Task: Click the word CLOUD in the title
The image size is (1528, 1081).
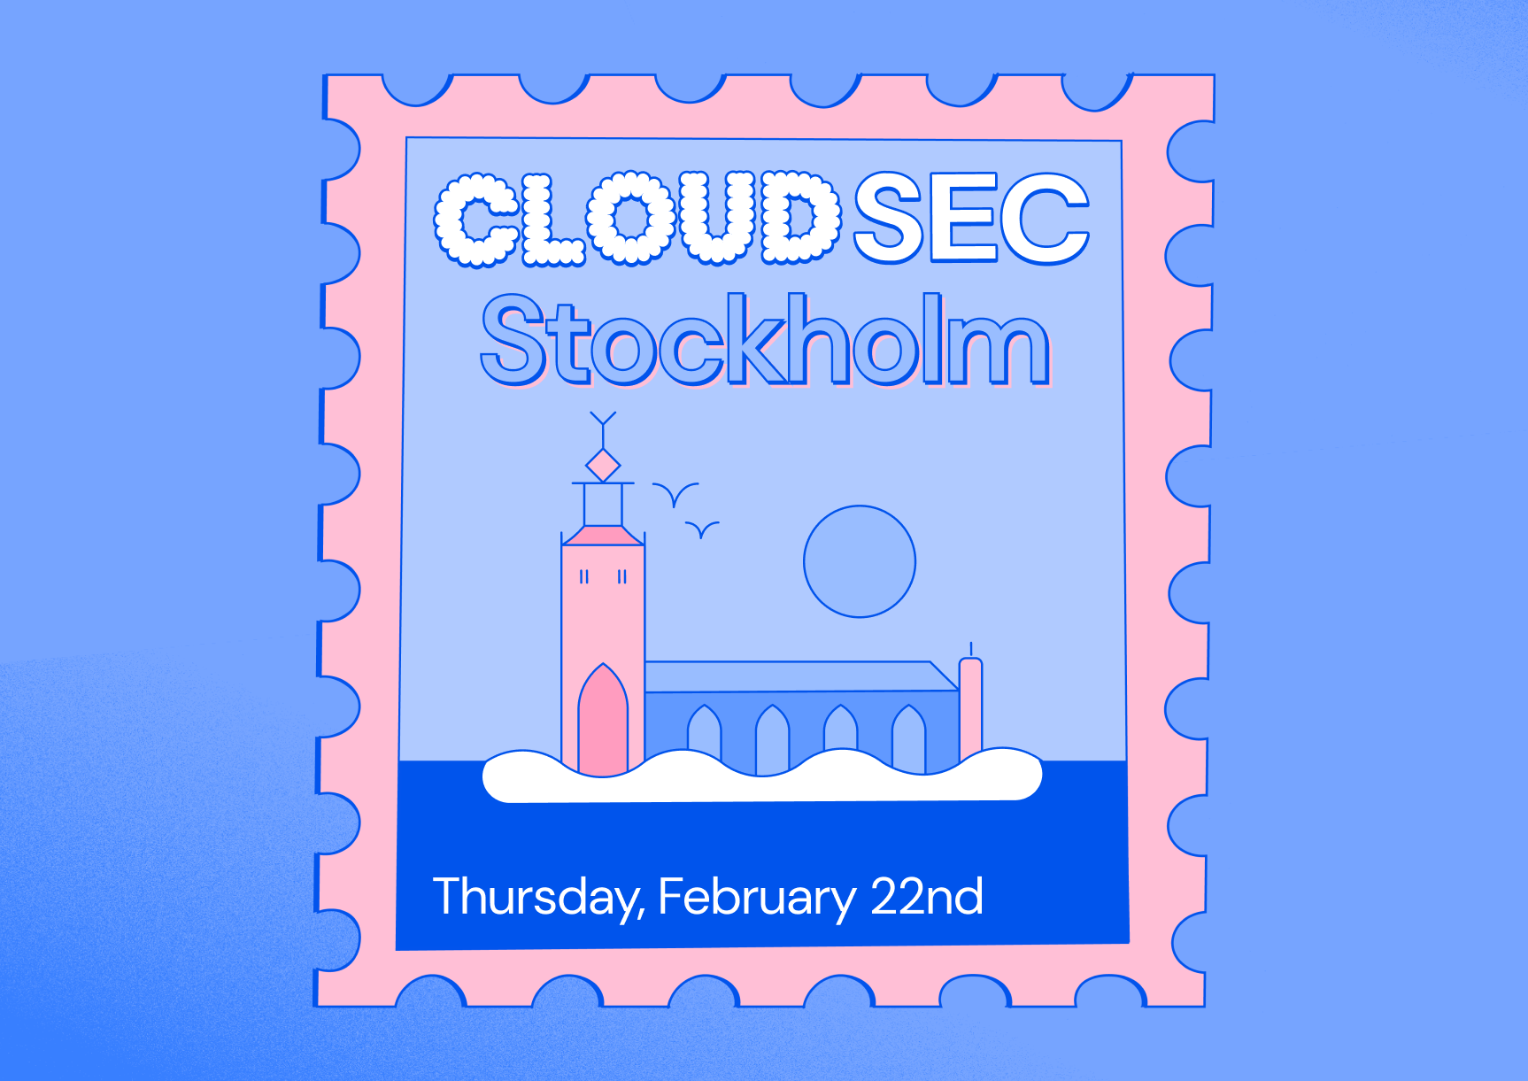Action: click(637, 219)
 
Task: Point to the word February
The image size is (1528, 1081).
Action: click(757, 898)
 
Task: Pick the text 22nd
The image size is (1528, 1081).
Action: click(927, 896)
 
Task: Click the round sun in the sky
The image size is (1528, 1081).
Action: click(860, 561)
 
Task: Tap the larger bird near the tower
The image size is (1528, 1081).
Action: click(675, 493)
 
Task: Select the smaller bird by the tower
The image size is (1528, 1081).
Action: click(702, 529)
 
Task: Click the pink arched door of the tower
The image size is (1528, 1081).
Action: click(603, 722)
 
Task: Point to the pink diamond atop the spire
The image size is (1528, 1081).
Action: click(603, 465)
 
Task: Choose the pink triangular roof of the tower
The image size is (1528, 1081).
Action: click(603, 536)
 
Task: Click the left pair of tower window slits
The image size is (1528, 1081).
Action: click(584, 577)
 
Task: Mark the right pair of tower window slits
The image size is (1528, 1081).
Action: click(622, 577)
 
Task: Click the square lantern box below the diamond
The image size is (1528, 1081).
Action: click(603, 505)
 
